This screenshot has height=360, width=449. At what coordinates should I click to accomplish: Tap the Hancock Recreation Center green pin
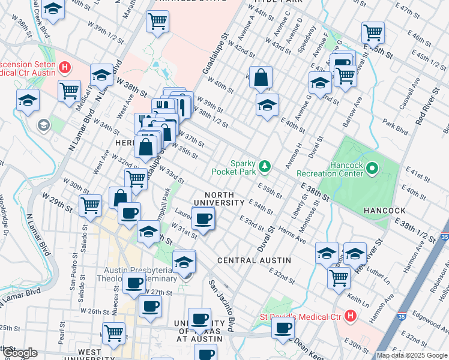point(372,169)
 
